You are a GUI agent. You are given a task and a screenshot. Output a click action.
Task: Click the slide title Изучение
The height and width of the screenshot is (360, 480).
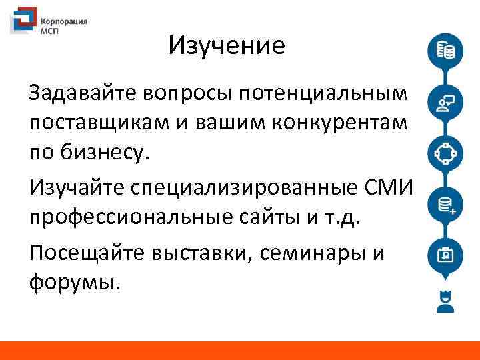[227, 46]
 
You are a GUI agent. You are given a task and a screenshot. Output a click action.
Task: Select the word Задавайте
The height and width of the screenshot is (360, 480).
[83, 93]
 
